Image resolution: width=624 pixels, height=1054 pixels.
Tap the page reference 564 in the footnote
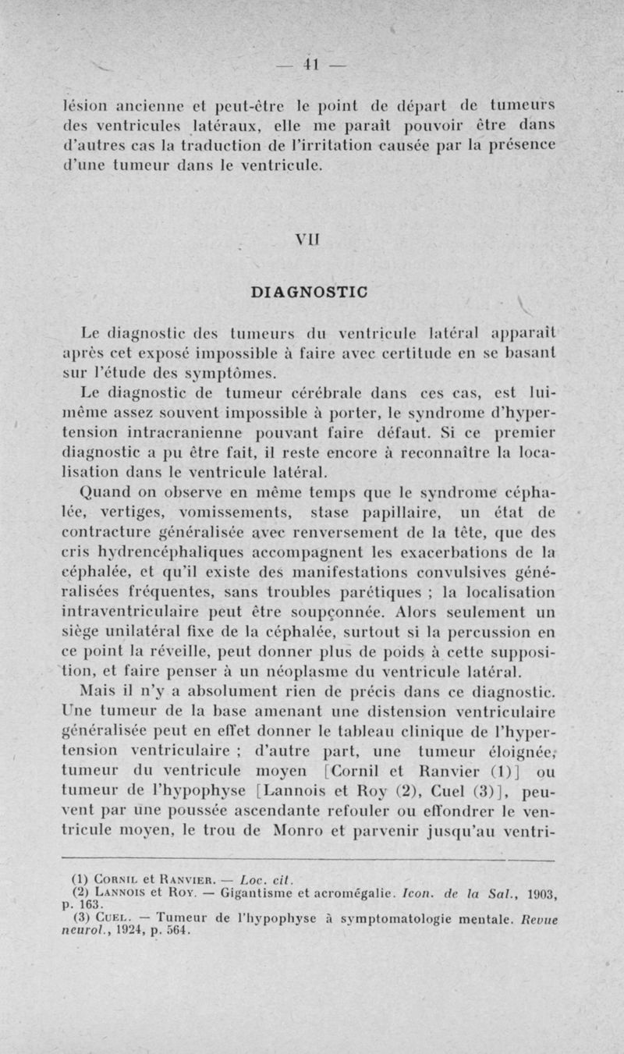coord(190,908)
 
